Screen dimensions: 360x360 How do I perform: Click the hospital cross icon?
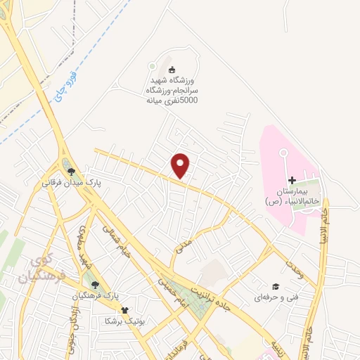pyautogui.click(x=292, y=181)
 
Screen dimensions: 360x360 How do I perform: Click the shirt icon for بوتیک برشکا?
pyautogui.click(x=125, y=309)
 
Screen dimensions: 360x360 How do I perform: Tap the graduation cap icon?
pyautogui.click(x=276, y=287)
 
